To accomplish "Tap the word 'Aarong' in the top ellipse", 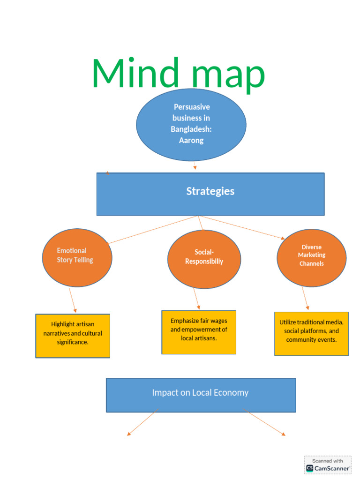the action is click(191, 141).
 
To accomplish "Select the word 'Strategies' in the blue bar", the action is click(210, 191).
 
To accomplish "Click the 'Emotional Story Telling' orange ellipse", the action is click(77, 258).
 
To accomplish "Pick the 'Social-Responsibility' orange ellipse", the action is click(204, 259).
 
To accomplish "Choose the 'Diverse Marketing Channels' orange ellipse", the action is click(312, 258).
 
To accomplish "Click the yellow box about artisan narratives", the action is click(73, 336).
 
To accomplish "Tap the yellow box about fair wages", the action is click(199, 332).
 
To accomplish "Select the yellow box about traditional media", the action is click(311, 334).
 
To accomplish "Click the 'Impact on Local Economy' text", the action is click(200, 392).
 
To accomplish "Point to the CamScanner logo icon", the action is click(310, 468).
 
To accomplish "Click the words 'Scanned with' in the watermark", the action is click(328, 461).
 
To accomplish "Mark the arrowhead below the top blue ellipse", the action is click(195, 167).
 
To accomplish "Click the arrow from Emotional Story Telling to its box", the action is click(73, 300).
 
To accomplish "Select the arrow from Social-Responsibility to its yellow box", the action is click(197, 299).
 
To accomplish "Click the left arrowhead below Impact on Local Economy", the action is click(129, 434).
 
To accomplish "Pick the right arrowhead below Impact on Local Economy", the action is click(284, 434).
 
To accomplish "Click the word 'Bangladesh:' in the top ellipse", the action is click(191, 129).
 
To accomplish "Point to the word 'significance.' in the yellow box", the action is click(73, 342).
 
